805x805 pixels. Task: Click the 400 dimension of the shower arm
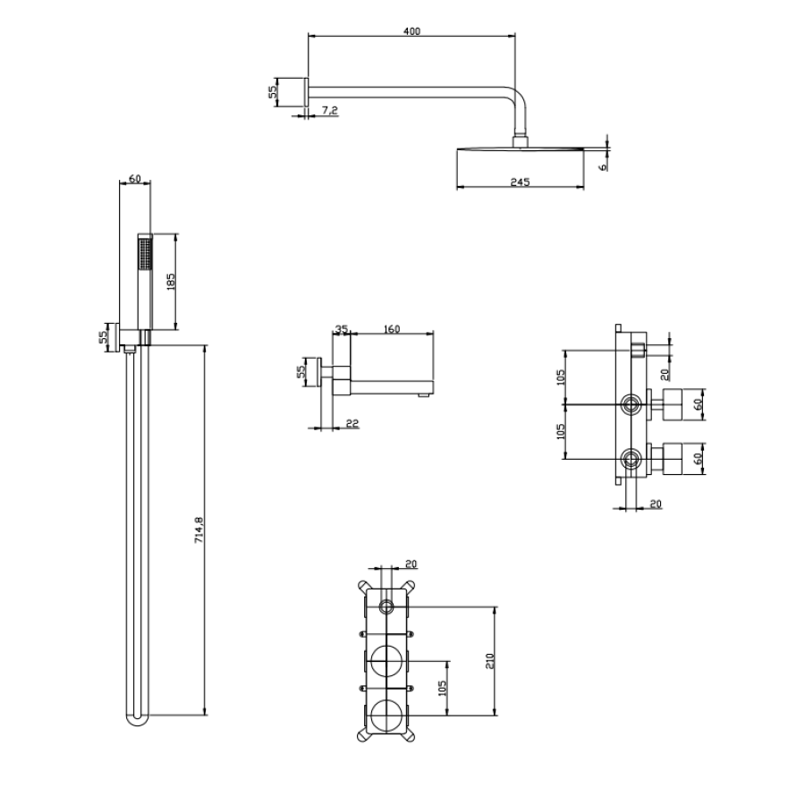[x=411, y=31]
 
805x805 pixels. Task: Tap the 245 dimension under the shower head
[x=520, y=182]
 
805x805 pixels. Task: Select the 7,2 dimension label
[x=329, y=110]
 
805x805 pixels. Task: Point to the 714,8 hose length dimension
[x=199, y=530]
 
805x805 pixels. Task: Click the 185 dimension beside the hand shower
[x=171, y=282]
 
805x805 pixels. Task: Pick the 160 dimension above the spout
[x=392, y=329]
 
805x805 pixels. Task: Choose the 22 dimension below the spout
[x=352, y=424]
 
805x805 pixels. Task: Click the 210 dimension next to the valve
[x=489, y=661]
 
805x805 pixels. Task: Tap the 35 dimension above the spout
[x=342, y=329]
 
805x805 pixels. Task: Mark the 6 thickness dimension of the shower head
[x=603, y=166]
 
